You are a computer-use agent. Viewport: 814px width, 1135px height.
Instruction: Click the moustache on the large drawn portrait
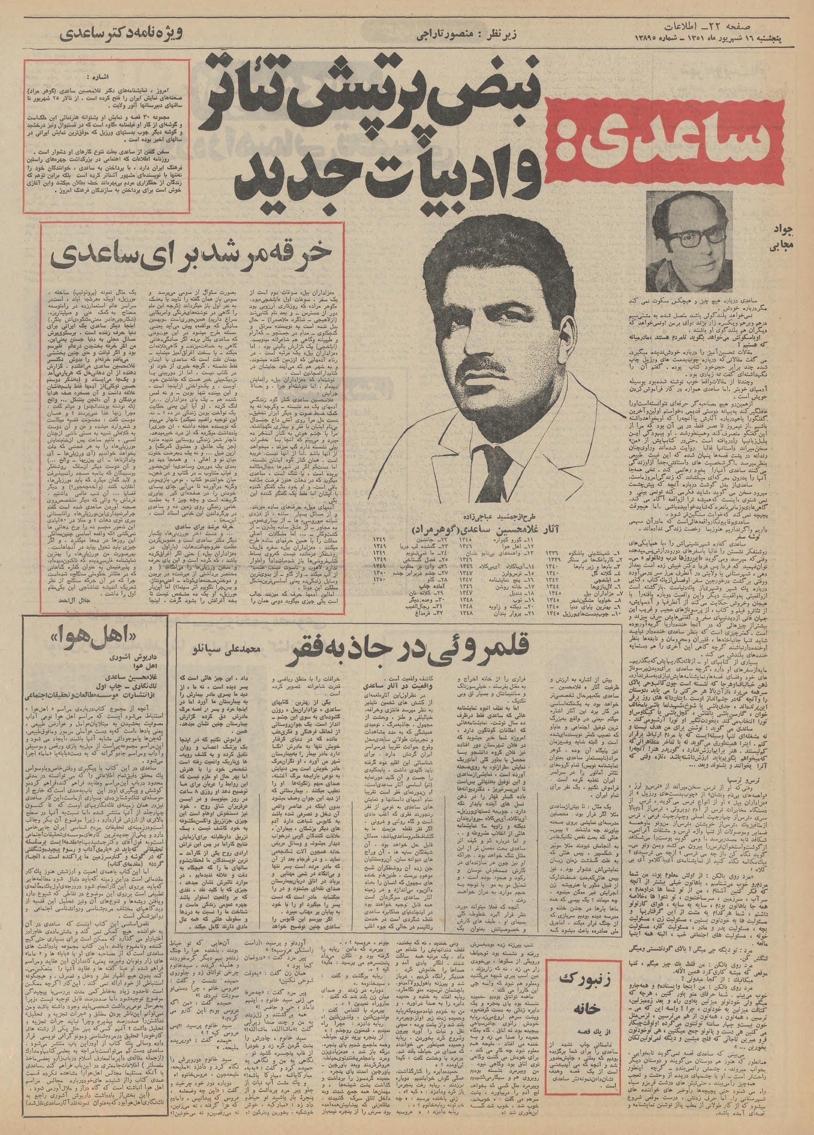coord(490,365)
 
